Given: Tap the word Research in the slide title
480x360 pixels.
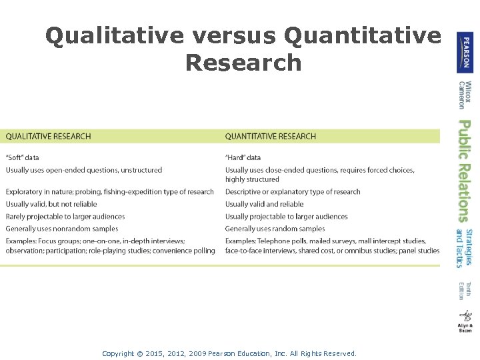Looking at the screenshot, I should point(243,63).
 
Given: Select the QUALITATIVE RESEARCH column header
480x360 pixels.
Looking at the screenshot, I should point(48,137).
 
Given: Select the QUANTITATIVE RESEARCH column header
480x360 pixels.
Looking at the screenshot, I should point(270,137).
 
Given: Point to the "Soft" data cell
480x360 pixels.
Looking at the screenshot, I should point(23,158).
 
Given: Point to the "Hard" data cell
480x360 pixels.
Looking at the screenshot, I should point(243,158).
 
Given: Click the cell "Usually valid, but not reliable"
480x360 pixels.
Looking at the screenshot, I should point(51,204).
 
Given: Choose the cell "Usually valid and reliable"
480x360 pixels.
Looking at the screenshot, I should point(264,204).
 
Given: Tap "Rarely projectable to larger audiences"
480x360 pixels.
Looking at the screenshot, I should point(65,217).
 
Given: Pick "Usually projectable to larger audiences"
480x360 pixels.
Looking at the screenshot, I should point(286,217).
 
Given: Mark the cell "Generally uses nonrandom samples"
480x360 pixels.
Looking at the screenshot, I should point(62,229).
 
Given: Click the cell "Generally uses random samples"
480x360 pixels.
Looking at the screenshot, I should point(275,229).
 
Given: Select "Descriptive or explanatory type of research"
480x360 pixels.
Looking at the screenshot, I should point(293,192).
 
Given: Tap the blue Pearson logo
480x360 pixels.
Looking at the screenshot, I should point(465,52).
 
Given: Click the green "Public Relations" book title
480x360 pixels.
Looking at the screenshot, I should point(465,171).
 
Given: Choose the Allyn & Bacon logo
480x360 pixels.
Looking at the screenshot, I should point(465,321).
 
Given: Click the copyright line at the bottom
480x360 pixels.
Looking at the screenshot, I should point(229,354).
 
